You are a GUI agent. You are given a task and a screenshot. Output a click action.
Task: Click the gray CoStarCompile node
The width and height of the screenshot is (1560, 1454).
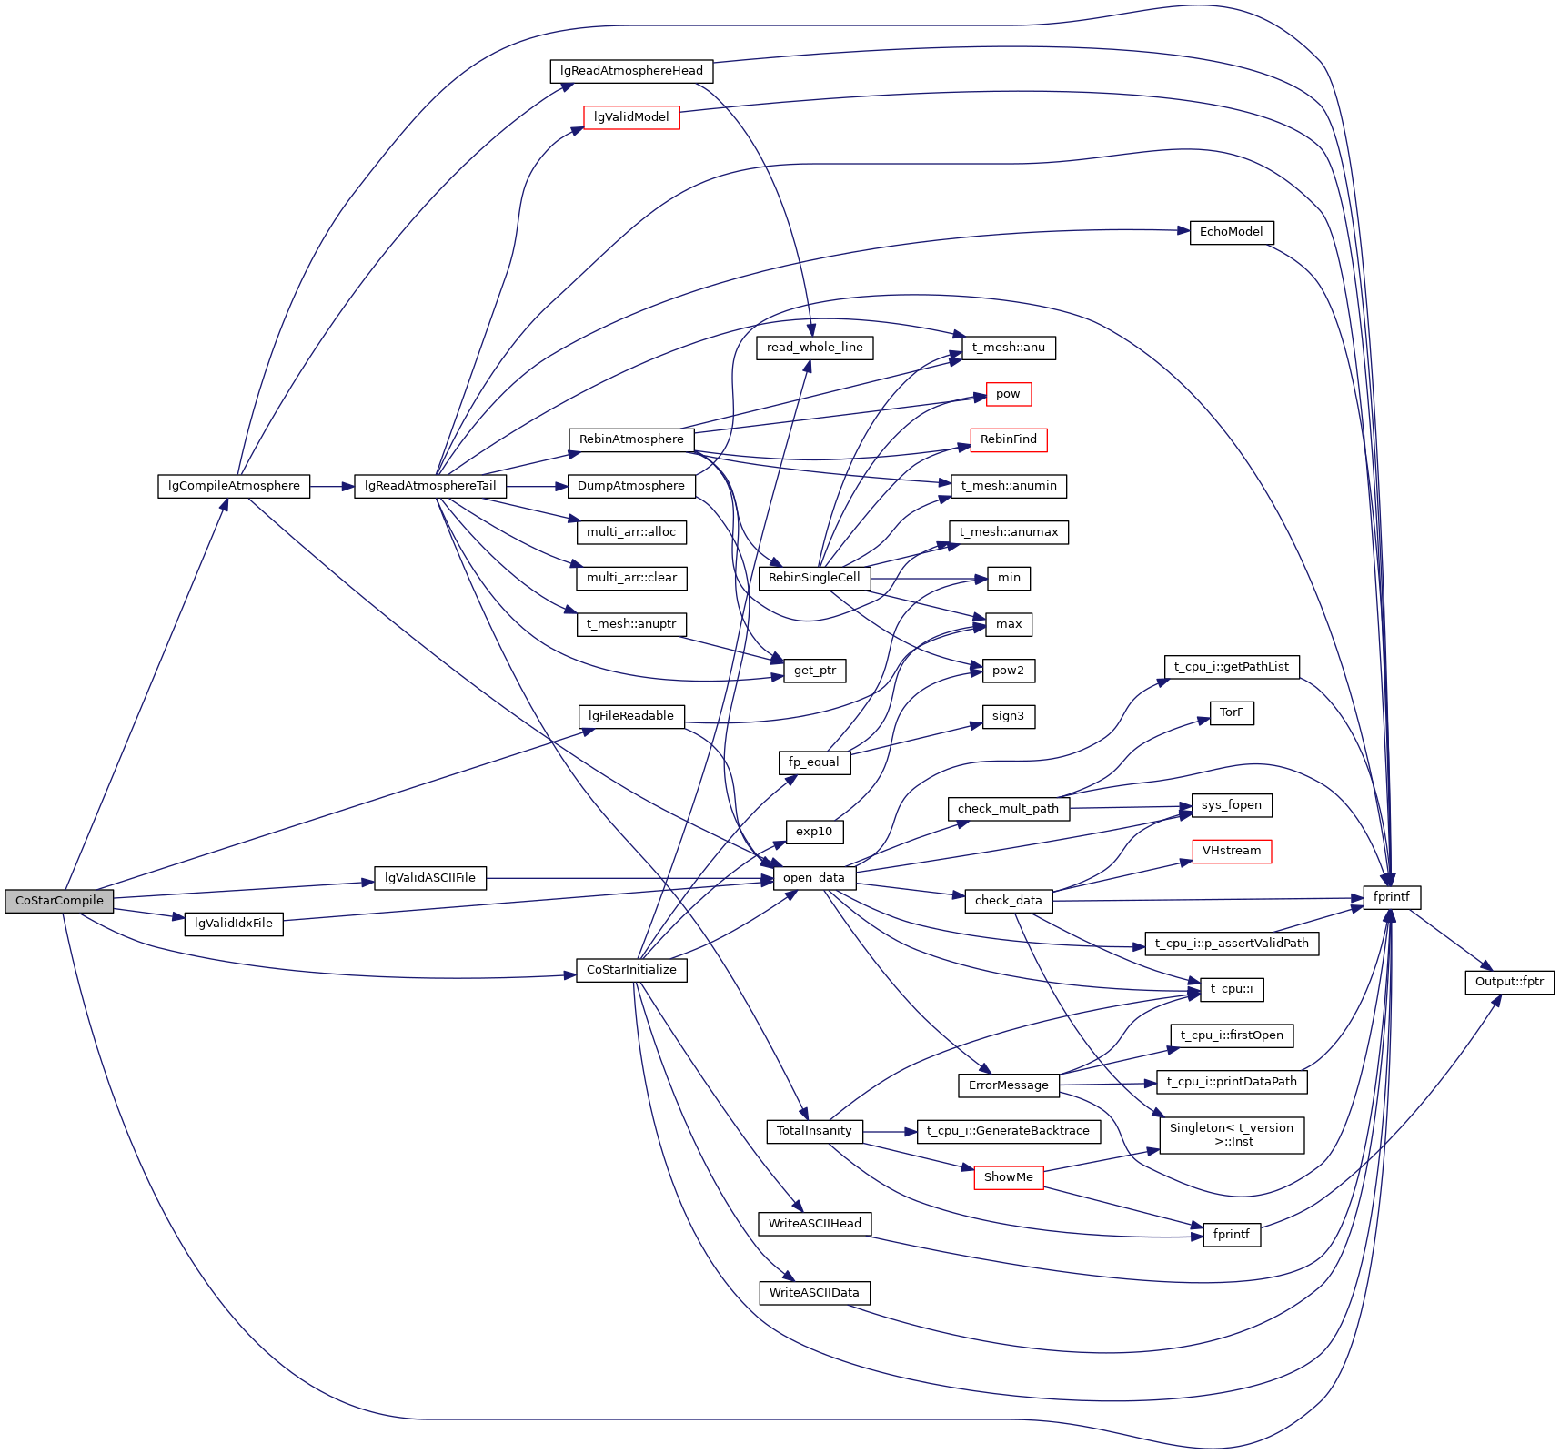click(59, 901)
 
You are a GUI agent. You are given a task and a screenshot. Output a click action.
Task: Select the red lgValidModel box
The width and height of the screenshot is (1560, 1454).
click(631, 117)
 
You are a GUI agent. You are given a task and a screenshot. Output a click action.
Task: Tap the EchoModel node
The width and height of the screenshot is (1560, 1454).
click(1231, 232)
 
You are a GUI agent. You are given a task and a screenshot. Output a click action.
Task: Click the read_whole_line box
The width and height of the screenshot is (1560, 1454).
click(814, 348)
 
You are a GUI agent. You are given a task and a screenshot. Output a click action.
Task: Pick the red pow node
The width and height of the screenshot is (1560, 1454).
click(1008, 394)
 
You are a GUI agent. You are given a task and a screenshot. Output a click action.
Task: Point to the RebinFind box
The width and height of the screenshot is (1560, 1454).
click(1008, 439)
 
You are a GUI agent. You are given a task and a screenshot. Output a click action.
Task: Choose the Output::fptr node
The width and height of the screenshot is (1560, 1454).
click(1509, 982)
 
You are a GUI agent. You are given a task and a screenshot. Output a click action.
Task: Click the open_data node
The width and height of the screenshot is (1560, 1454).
click(813, 878)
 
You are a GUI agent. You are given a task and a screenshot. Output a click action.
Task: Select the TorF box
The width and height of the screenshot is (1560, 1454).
click(1231, 712)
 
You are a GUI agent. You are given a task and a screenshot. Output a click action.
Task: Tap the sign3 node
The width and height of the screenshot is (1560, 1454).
click(1008, 716)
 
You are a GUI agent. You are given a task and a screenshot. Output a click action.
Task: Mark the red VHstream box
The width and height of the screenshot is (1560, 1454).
click(1231, 851)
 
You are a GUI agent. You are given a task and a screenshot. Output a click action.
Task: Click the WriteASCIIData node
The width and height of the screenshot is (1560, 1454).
click(814, 1293)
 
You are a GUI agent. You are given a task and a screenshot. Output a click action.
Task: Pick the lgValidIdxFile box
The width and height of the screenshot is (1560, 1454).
click(234, 924)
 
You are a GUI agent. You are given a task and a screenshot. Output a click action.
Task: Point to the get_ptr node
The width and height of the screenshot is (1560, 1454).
click(814, 671)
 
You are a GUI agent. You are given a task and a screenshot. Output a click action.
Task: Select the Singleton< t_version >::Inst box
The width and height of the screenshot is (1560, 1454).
click(1231, 1135)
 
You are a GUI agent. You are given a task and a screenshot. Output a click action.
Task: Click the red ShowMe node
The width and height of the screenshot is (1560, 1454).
click(1008, 1177)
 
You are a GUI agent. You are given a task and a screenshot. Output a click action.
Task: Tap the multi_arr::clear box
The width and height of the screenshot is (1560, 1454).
click(631, 578)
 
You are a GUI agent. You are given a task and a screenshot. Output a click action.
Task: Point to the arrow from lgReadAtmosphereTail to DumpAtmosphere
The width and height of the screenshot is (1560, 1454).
click(537, 487)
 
